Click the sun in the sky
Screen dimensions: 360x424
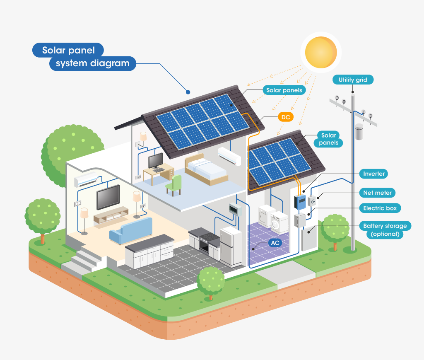click(321, 52)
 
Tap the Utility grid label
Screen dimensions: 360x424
click(353, 80)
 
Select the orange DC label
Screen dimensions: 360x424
click(286, 117)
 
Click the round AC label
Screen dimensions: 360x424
click(275, 243)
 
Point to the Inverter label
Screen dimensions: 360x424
click(374, 174)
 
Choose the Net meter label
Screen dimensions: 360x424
click(377, 193)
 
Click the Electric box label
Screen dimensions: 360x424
click(380, 208)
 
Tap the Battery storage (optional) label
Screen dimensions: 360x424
click(385, 230)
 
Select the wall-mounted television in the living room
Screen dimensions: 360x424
click(108, 197)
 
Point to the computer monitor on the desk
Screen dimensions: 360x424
click(156, 160)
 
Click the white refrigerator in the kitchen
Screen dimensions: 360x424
click(231, 246)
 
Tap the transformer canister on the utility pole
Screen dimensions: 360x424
click(359, 132)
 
